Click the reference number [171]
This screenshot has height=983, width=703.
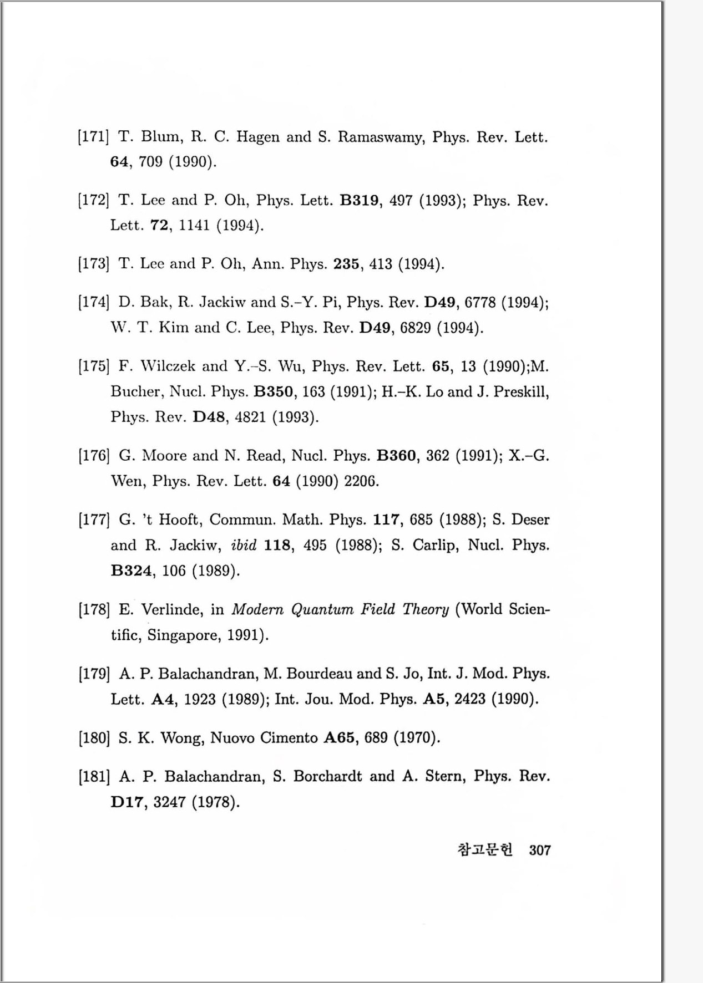point(93,136)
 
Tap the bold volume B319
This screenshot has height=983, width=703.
point(359,200)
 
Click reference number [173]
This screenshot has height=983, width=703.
point(93,263)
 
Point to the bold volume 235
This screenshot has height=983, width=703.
point(346,263)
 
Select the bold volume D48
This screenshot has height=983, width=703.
point(209,417)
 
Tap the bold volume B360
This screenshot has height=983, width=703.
point(396,456)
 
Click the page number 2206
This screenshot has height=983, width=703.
point(361,481)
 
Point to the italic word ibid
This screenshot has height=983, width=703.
point(244,546)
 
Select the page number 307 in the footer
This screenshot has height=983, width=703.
point(540,850)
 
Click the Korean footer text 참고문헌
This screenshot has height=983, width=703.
point(485,850)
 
